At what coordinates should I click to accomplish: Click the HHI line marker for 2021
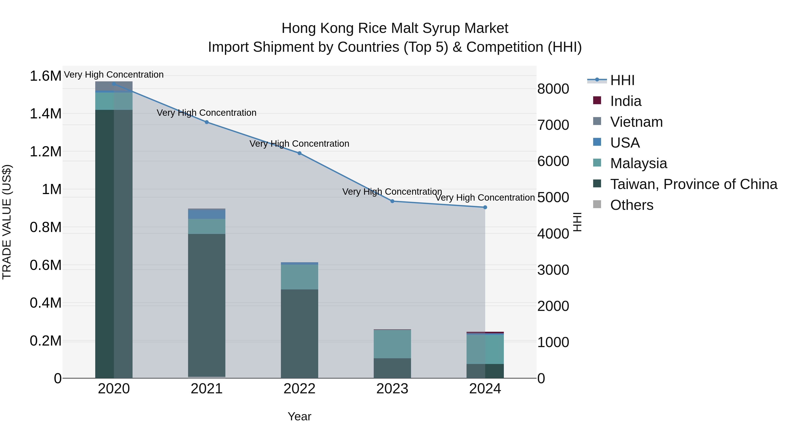[207, 122]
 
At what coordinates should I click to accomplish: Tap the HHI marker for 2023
[392, 201]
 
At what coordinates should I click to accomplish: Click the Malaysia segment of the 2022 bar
[299, 277]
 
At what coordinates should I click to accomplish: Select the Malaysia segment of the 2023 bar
[392, 344]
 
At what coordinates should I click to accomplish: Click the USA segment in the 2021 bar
[207, 214]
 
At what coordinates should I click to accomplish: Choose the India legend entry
[626, 101]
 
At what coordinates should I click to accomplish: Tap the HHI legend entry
[622, 80]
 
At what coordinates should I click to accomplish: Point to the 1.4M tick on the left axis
[45, 114]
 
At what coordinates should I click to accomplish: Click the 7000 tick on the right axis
[553, 125]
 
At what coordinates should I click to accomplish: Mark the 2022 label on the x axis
[299, 389]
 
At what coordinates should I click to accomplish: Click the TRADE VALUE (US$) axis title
[7, 222]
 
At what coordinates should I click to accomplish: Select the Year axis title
[299, 416]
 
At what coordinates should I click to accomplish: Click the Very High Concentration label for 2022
[299, 143]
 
